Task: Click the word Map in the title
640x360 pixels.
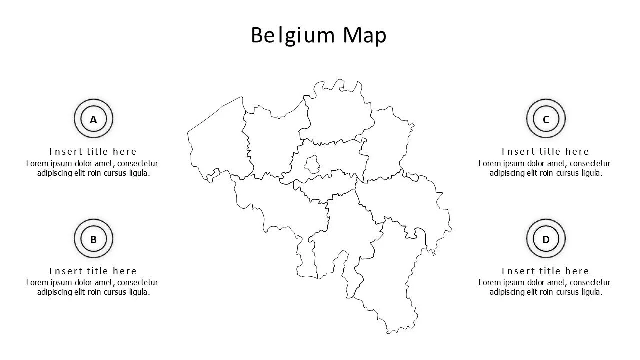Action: coord(364,36)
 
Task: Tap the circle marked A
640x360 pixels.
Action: coord(93,119)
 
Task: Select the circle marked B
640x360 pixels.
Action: coord(93,239)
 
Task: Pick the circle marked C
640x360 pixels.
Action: coord(546,119)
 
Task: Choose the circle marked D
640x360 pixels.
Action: coord(546,239)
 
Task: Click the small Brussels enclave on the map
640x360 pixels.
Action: coord(312,163)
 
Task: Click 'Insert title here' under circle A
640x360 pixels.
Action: coord(93,151)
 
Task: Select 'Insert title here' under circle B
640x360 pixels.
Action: coord(93,271)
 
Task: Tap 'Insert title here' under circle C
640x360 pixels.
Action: coord(545,151)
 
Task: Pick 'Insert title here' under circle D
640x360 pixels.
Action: coord(545,271)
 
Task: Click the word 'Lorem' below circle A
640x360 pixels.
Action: coord(36,163)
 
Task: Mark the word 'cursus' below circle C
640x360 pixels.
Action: coord(567,173)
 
